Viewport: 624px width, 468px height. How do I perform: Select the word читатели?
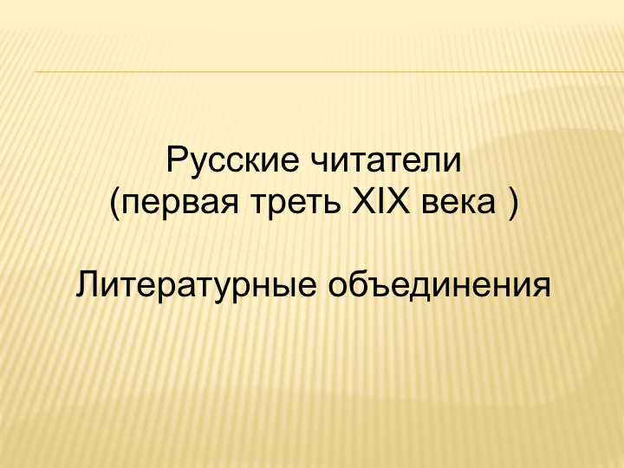point(385,159)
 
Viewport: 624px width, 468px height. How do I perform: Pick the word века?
point(458,203)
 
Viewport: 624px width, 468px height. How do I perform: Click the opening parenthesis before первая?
point(114,204)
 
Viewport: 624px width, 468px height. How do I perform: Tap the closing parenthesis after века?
point(514,204)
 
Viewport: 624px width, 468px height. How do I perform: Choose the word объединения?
point(439,285)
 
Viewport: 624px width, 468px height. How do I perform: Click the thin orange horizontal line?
point(329,72)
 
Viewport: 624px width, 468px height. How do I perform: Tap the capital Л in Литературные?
point(88,284)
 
